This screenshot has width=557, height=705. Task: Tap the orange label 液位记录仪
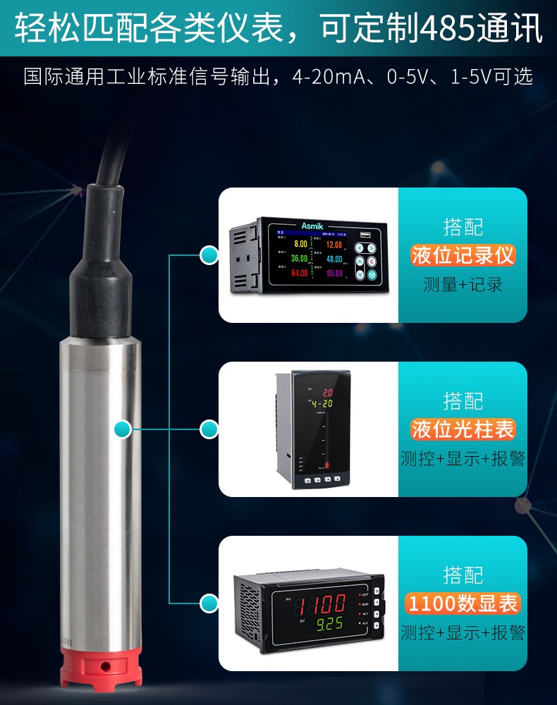click(463, 255)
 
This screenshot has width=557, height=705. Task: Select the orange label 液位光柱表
click(463, 429)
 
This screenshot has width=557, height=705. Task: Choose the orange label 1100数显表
click(463, 603)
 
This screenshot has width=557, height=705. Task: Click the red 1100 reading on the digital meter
click(321, 603)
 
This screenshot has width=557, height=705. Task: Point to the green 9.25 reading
click(329, 624)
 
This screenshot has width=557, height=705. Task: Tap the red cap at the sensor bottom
click(104, 666)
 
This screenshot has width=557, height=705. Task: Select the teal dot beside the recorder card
click(209, 255)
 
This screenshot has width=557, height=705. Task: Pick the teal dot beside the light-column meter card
click(209, 429)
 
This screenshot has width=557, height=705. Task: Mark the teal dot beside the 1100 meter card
click(209, 603)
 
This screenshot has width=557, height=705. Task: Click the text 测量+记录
click(463, 285)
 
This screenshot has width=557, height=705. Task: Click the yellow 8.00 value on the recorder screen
click(300, 244)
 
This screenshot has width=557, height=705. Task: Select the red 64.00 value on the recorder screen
click(299, 273)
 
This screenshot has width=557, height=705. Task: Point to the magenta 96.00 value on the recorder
click(333, 273)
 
